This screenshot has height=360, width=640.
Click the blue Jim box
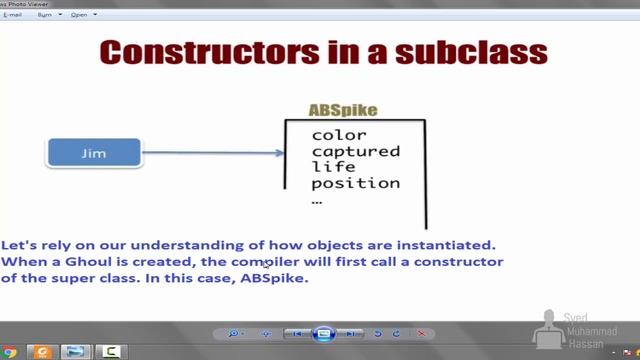coord(94,153)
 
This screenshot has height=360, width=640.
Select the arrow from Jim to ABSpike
coord(210,153)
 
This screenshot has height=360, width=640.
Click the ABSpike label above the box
coord(343,109)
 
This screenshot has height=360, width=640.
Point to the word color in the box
coord(339,135)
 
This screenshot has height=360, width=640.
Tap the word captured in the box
coord(355,151)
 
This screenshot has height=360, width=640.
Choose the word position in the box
coord(355,183)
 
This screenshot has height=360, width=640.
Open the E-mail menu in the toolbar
coord(13,15)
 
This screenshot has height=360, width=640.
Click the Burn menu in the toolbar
coord(45,15)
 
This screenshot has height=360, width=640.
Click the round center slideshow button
coord(323,333)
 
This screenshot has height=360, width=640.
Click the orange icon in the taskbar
coord(42,352)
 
